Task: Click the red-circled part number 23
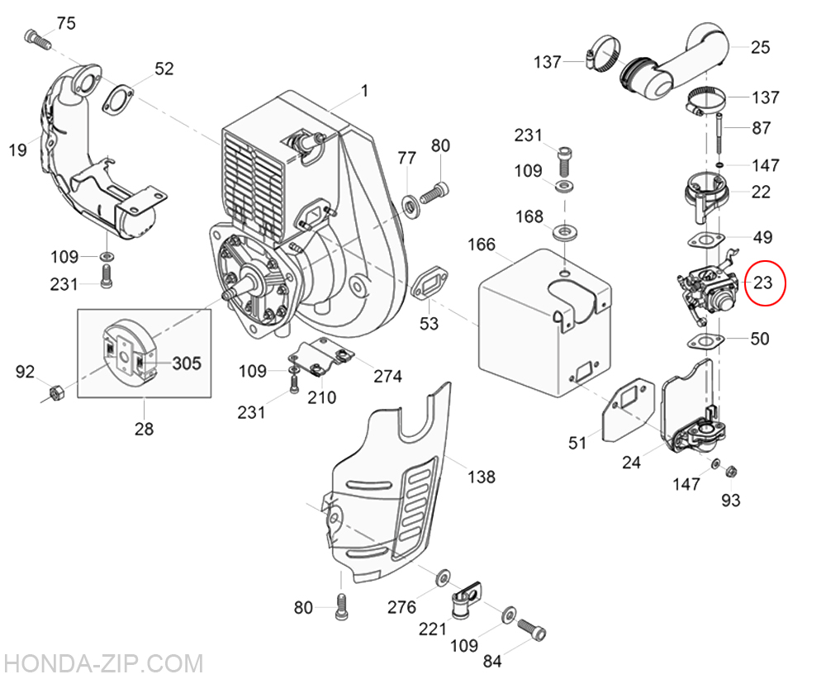tap(762, 283)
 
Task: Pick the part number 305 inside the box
tap(186, 363)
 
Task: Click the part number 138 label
tap(481, 477)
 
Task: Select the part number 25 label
tap(760, 47)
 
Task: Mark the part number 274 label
tap(387, 377)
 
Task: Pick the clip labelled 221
tap(461, 602)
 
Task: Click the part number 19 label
tap(18, 150)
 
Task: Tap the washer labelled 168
tap(566, 230)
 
